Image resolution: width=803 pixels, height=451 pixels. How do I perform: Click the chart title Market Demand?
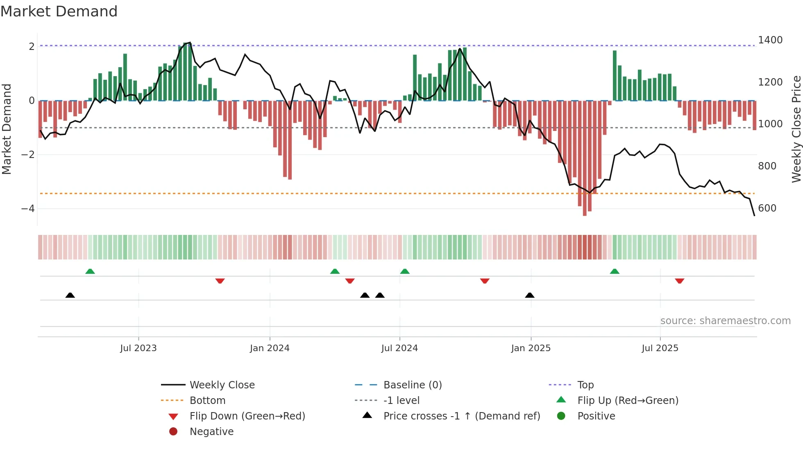pos(59,11)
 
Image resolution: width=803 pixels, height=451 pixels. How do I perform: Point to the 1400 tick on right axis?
pos(770,40)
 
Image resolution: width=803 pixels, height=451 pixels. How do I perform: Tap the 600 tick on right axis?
pos(767,208)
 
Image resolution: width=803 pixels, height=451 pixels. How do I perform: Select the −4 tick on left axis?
pos(28,209)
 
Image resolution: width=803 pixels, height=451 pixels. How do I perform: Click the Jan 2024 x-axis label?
pos(270,348)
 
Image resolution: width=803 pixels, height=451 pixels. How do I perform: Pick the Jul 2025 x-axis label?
pos(660,348)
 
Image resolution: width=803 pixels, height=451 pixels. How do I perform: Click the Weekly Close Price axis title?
pos(796,129)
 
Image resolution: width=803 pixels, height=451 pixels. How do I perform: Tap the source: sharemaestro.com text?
pos(725,321)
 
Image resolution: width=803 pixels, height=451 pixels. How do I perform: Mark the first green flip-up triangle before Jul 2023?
pos(90,271)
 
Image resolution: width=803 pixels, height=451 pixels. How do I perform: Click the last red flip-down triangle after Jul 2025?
pos(680,281)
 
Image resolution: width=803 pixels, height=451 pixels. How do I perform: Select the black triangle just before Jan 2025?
pos(530,295)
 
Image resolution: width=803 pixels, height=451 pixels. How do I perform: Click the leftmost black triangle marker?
pos(70,295)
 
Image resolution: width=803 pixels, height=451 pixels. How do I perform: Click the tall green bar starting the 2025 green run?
pos(615,76)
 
